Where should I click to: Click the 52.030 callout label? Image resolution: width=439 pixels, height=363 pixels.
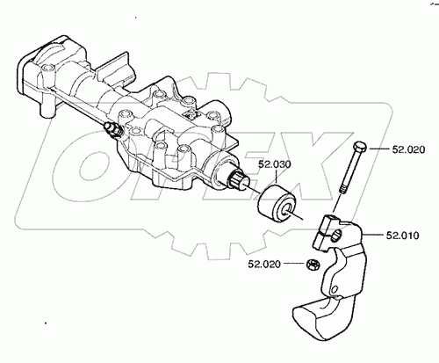(x=275, y=164)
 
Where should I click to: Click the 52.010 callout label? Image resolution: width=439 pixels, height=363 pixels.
(x=402, y=236)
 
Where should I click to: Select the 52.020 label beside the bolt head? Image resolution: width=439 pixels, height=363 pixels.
(x=408, y=149)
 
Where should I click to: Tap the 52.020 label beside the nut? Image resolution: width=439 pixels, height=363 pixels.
(x=264, y=264)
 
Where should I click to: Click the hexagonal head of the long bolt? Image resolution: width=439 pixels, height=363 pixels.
(x=360, y=147)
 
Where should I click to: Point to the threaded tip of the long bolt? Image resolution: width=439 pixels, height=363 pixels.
(x=344, y=188)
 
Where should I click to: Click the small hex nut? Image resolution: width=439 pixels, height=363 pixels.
(x=313, y=265)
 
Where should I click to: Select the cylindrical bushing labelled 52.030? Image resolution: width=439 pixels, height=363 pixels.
(x=277, y=204)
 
